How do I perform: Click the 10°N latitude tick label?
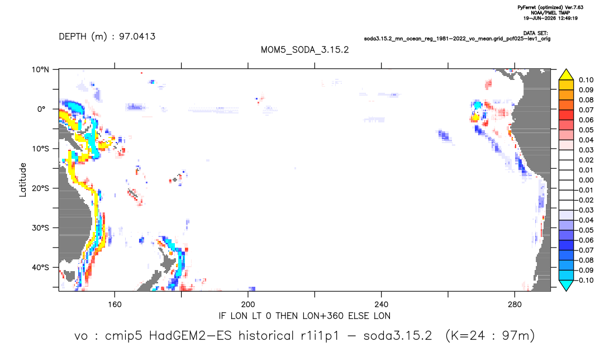click(x=40, y=70)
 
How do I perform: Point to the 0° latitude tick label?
click(x=41, y=109)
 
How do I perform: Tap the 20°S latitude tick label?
click(x=40, y=188)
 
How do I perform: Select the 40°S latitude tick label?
click(x=40, y=267)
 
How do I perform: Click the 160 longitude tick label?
click(x=115, y=305)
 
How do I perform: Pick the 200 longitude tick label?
click(x=248, y=305)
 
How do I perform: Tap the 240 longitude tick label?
click(x=382, y=305)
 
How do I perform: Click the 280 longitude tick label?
click(x=515, y=305)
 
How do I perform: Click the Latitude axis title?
click(x=23, y=180)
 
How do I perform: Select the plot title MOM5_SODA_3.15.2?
click(x=305, y=50)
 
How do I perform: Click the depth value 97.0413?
click(x=137, y=36)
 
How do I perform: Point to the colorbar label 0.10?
click(x=586, y=80)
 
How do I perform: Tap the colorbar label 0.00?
click(x=586, y=180)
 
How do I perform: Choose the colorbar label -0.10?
click(x=585, y=280)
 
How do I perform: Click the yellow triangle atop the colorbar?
click(x=566, y=75)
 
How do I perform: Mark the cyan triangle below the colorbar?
click(x=566, y=285)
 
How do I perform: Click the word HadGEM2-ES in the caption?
click(x=190, y=336)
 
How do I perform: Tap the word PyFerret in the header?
click(x=526, y=7)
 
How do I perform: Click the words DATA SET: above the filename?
click(x=535, y=34)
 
